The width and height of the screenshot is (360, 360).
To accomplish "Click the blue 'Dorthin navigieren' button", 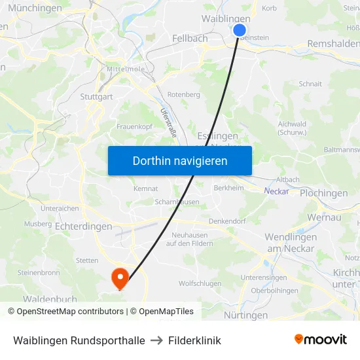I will pyautogui.click(x=179, y=160).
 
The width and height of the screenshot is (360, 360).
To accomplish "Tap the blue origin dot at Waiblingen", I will pyautogui.click(x=240, y=30).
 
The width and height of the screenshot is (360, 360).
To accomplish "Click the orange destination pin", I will pyautogui.click(x=120, y=278).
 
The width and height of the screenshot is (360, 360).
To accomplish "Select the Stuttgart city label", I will pyautogui.click(x=96, y=97).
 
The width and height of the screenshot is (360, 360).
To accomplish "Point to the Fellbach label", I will pyautogui.click(x=190, y=39).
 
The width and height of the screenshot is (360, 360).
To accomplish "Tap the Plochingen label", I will pyautogui.click(x=323, y=193).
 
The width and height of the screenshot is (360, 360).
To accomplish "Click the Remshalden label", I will pyautogui.click(x=333, y=45).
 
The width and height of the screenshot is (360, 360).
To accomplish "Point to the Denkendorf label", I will pyautogui.click(x=226, y=221).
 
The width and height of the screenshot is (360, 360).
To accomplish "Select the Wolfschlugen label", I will pyautogui.click(x=200, y=283).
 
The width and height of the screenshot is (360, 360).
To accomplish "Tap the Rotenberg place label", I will pyautogui.click(x=183, y=94).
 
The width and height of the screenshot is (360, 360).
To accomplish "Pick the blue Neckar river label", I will pyautogui.click(x=276, y=191).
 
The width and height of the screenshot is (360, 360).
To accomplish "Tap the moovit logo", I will pyautogui.click(x=321, y=340).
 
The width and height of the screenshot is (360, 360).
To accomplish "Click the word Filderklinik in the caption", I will pyautogui.click(x=194, y=340).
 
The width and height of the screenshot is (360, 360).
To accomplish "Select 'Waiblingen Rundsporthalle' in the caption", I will pyautogui.click(x=79, y=340).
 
